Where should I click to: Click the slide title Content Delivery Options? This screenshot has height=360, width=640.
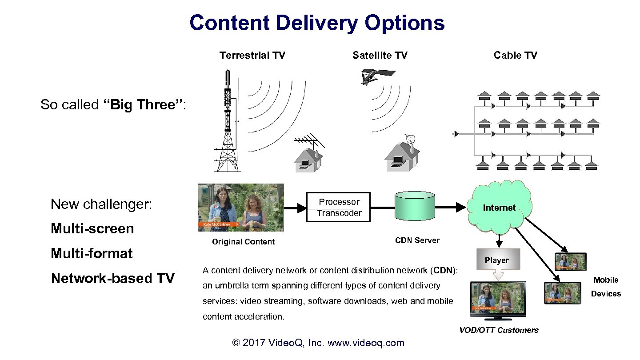[x=317, y=23]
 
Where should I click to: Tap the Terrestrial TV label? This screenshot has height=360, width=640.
[x=252, y=56]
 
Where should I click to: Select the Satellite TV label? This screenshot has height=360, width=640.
[x=380, y=56]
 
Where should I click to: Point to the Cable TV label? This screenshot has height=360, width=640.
[x=515, y=56]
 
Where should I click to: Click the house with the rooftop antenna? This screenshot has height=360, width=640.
[x=308, y=158]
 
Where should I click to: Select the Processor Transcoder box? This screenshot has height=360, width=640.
[x=339, y=207]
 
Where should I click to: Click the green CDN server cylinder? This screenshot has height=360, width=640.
[x=414, y=206]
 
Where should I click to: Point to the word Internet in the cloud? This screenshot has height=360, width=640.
[x=499, y=208]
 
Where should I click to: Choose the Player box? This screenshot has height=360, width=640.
[x=496, y=260]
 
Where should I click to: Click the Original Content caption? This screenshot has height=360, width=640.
[x=243, y=242]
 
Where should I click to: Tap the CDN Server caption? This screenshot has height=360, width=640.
[x=417, y=240]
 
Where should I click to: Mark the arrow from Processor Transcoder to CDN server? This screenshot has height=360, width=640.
[x=383, y=207]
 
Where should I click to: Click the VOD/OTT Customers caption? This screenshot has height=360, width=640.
[x=499, y=330]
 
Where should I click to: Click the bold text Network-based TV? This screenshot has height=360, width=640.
[x=113, y=279]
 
